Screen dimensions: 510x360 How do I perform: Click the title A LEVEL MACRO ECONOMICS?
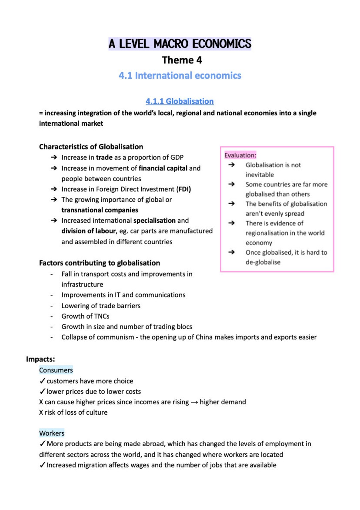point(180,44)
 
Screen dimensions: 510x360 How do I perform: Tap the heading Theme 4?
point(182,60)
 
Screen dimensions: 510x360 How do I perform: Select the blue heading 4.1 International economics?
point(180,76)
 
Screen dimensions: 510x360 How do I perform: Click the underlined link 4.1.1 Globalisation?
point(179,101)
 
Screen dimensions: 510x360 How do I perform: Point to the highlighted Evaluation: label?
point(240,155)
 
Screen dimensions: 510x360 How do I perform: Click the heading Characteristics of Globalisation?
point(91,147)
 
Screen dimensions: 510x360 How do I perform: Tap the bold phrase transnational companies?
point(100,210)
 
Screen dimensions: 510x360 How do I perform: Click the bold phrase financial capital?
point(163,168)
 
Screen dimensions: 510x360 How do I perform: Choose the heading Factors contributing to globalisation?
point(99,263)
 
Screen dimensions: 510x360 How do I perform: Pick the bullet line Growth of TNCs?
point(85,316)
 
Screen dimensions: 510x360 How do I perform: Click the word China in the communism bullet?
point(204,337)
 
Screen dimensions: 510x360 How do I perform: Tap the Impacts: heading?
point(40,359)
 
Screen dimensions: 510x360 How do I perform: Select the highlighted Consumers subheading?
point(56,370)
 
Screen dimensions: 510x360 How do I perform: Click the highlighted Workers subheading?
point(52,433)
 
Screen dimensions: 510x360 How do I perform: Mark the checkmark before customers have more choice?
point(42,381)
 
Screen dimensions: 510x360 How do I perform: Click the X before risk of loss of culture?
point(41,412)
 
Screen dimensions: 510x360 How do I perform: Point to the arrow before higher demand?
point(194,402)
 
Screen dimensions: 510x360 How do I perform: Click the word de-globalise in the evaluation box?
point(263,262)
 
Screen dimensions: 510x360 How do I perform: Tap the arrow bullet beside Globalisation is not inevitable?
point(231,165)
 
